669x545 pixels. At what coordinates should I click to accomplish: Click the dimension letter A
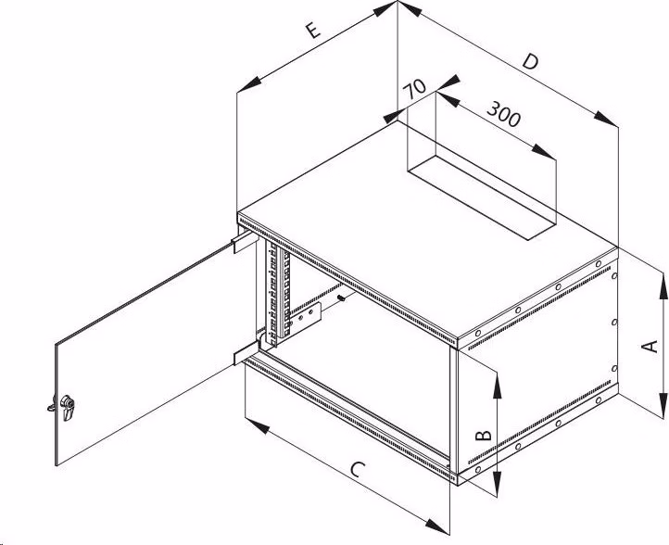650,346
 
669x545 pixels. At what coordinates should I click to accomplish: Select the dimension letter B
484,435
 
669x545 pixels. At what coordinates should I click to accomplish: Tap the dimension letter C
358,469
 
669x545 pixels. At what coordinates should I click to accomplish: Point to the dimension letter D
530,61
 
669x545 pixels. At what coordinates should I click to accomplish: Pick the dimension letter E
313,31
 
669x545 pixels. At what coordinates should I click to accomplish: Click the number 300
504,114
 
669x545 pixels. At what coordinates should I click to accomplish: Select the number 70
414,88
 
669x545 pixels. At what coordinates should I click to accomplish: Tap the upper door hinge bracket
246,242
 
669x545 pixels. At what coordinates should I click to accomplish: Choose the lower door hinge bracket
246,353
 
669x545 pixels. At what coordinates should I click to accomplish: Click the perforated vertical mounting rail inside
277,293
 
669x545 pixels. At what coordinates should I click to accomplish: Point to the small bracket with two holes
305,318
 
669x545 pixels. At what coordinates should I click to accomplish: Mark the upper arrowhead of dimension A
663,286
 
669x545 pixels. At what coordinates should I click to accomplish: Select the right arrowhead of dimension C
437,527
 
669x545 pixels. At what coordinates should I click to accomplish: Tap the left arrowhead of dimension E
248,84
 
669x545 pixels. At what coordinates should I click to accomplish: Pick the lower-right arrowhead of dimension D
605,119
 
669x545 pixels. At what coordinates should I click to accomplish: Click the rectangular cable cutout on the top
482,197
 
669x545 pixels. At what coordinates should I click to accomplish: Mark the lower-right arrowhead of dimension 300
544,152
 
